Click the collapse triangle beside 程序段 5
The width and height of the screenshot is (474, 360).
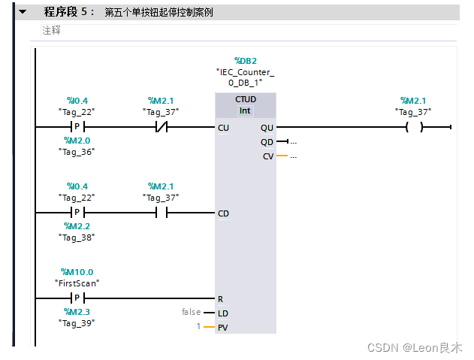click(x=22, y=12)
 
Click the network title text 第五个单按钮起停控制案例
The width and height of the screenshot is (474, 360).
click(x=158, y=13)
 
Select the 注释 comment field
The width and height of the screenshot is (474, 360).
click(x=52, y=31)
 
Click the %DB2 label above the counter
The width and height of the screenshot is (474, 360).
click(x=245, y=61)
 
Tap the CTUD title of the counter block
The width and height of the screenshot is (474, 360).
click(x=245, y=99)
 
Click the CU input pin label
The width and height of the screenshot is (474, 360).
click(x=223, y=128)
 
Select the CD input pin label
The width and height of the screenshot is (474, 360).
click(x=223, y=213)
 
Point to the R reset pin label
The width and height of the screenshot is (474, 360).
click(x=220, y=299)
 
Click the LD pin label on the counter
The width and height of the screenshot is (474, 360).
click(x=222, y=313)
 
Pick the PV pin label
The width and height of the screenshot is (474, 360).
click(x=222, y=327)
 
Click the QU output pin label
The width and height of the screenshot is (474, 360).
click(x=267, y=128)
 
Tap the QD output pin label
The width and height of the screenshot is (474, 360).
click(x=267, y=142)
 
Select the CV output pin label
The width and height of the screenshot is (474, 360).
click(x=267, y=156)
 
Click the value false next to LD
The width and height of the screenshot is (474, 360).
click(x=191, y=312)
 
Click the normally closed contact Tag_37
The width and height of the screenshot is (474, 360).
click(x=161, y=128)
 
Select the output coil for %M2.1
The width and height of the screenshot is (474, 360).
click(x=414, y=128)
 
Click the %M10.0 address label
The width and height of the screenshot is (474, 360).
click(x=77, y=272)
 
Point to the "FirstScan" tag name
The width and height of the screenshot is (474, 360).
click(x=77, y=283)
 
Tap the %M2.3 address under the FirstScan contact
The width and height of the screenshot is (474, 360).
click(x=77, y=311)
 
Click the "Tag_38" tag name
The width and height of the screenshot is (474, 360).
click(x=77, y=237)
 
